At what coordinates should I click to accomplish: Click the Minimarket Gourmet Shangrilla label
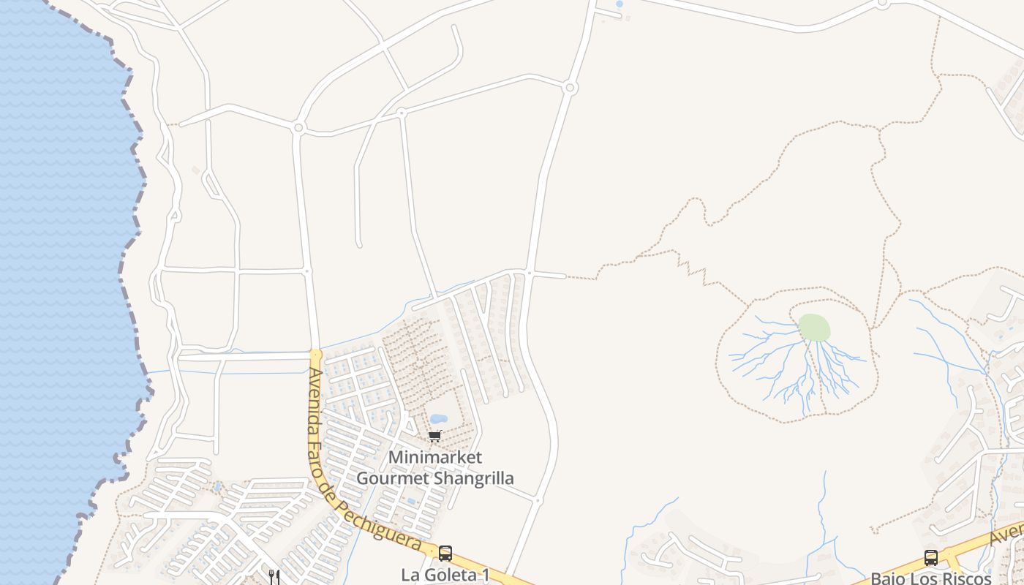pos(434,467)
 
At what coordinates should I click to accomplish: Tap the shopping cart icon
pos(434,437)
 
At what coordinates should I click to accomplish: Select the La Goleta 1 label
pos(445,575)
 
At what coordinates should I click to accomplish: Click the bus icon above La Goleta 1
pos(445,554)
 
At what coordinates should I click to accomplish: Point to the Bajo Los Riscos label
pos(930,578)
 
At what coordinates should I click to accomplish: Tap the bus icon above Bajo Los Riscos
pos(930,557)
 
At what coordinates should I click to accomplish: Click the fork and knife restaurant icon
pos(274,576)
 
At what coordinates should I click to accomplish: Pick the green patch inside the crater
pos(814,327)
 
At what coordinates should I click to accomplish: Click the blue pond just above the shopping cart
pos(439,419)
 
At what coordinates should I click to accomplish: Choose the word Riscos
pos(965,578)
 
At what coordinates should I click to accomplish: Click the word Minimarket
pos(434,457)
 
